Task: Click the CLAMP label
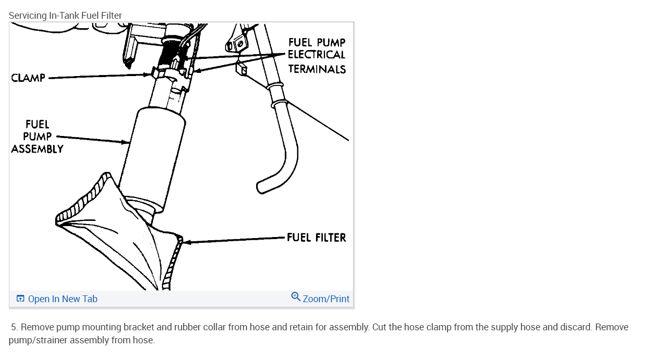[28, 78]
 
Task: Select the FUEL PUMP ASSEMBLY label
[37, 136]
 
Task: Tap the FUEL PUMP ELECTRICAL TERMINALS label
[317, 55]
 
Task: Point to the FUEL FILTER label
[316, 238]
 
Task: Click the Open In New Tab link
[62, 299]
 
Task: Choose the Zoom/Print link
[326, 299]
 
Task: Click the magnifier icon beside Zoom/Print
[296, 297]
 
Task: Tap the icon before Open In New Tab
[20, 299]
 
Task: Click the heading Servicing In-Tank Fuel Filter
[65, 16]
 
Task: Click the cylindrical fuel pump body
[154, 156]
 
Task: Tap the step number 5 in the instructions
[14, 328]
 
